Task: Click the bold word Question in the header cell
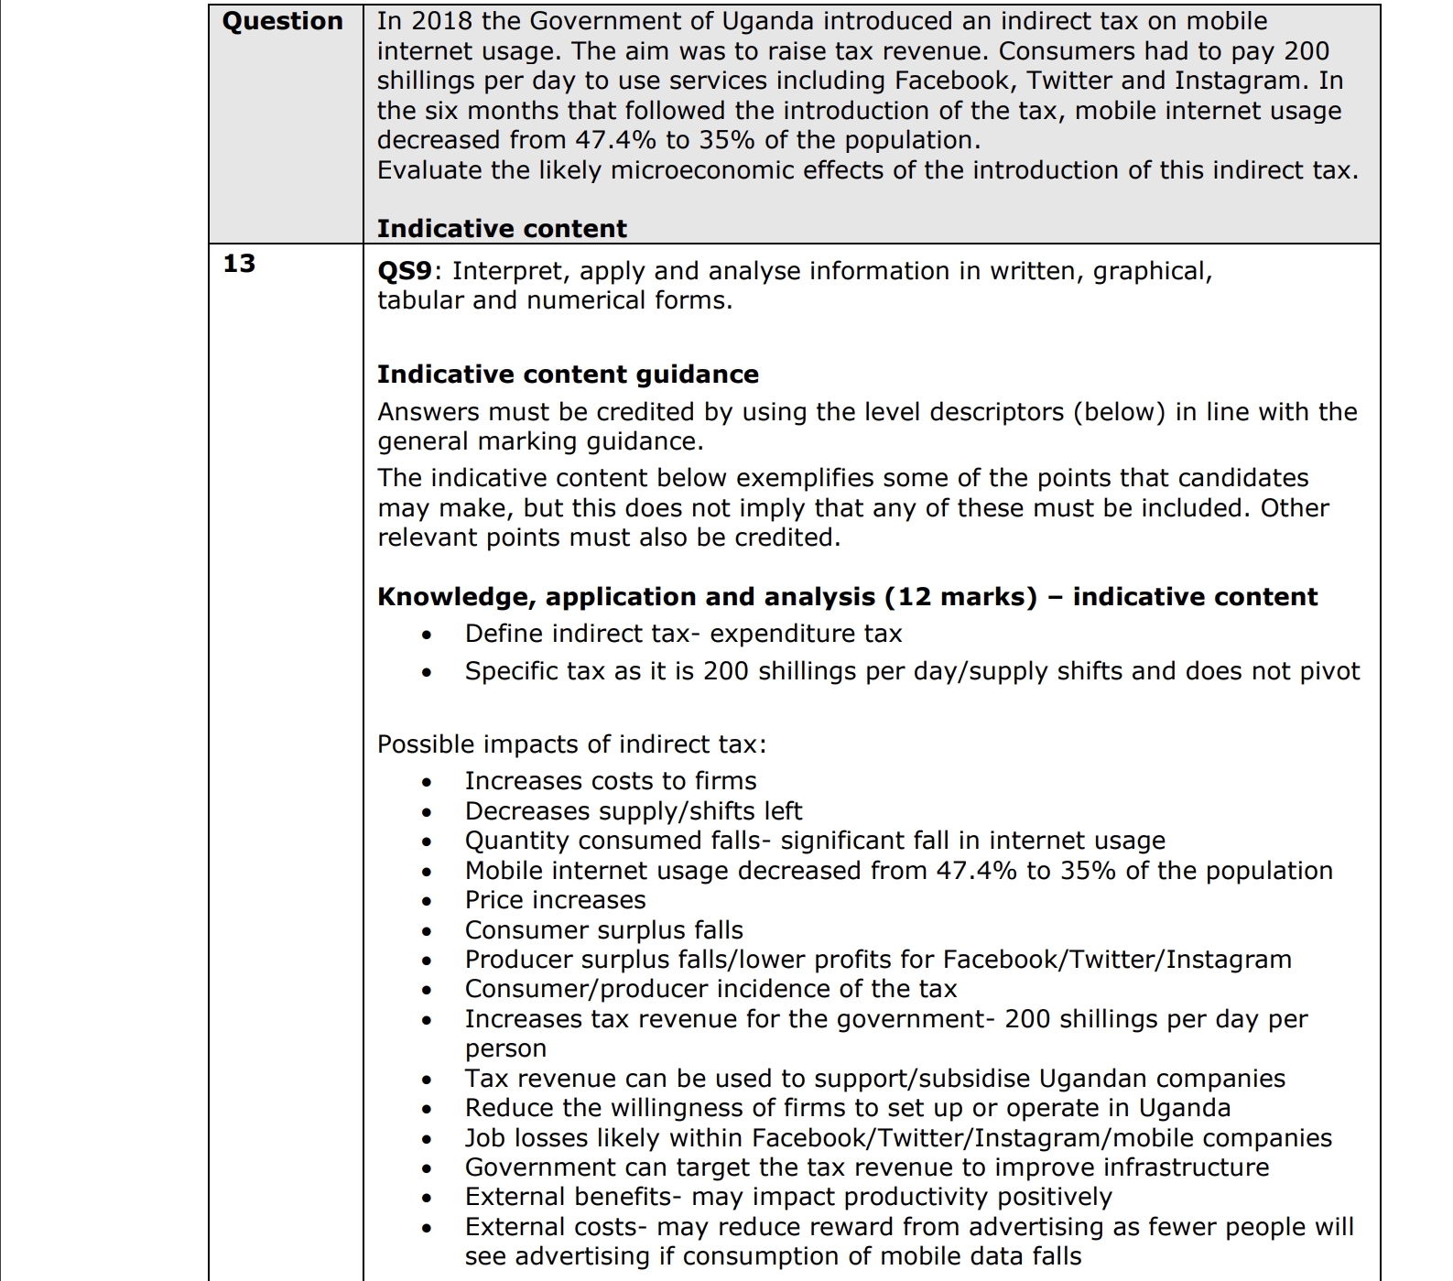(282, 22)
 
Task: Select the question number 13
(239, 264)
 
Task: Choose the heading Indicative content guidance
(568, 375)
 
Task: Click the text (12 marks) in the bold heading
(960, 597)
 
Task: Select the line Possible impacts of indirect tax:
(571, 744)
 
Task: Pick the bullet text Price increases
(555, 900)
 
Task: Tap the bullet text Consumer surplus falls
(603, 930)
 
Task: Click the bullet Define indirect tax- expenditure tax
(683, 634)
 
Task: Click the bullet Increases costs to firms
(611, 781)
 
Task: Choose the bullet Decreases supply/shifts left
(633, 811)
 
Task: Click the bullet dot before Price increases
(427, 901)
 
